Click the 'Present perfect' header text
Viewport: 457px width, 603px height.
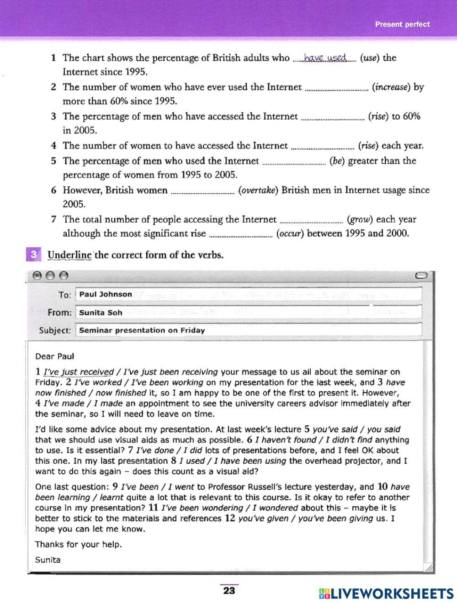[402, 24]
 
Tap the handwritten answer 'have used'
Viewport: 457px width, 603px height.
[325, 58]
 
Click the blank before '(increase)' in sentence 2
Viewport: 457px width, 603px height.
[336, 88]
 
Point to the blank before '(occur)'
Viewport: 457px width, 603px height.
[240, 235]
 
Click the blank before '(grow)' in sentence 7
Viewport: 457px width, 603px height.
[311, 221]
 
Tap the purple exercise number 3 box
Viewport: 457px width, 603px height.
[33, 255]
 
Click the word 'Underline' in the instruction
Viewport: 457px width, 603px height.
[69, 255]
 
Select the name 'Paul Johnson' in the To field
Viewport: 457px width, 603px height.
[106, 295]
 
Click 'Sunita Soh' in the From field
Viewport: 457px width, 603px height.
[101, 313]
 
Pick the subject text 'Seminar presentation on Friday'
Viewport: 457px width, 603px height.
[142, 330]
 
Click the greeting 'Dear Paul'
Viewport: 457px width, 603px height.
[54, 356]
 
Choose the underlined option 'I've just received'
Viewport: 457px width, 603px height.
[78, 372]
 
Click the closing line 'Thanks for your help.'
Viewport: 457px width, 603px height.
[79, 545]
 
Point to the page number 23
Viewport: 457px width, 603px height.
[228, 591]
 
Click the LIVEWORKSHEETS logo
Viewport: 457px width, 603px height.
[386, 593]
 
